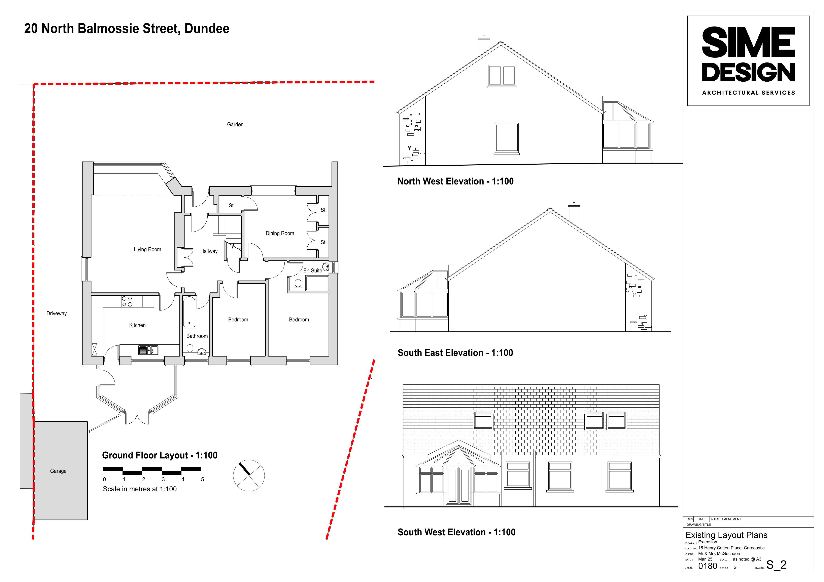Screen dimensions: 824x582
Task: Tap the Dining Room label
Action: click(x=280, y=234)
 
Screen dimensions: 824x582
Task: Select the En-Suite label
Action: click(x=313, y=271)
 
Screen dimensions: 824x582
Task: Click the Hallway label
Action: click(x=209, y=251)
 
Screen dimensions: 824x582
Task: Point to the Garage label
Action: click(x=58, y=471)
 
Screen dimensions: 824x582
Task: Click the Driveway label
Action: click(x=57, y=314)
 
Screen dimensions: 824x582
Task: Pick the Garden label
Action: click(x=235, y=124)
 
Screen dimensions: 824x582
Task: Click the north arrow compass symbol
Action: click(x=249, y=475)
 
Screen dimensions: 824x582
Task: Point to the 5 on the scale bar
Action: click(x=202, y=480)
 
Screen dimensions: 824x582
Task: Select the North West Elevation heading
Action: click(x=455, y=181)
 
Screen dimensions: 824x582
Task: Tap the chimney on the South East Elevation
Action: click(x=574, y=215)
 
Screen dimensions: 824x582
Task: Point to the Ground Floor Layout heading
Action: click(x=160, y=455)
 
